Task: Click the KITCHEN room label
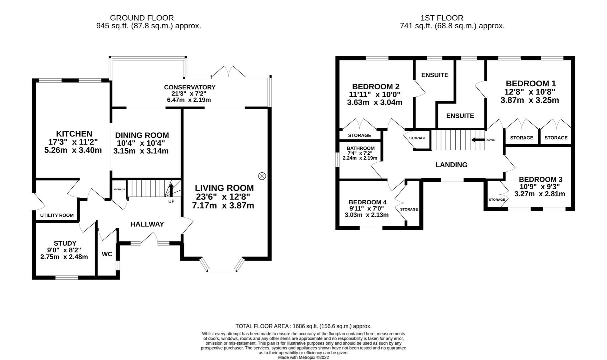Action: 74,134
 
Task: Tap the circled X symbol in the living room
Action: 262,176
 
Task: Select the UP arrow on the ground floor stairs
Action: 171,191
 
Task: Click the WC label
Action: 107,254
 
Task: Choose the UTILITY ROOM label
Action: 57,215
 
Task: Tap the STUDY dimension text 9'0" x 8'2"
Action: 64,250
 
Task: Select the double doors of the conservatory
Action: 228,71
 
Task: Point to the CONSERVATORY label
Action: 190,87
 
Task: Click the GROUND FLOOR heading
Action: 142,18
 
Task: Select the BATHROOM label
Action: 360,148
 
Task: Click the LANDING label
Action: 451,165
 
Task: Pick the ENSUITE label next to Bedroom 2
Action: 435,75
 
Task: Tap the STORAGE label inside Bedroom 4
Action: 409,209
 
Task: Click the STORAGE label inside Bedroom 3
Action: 497,200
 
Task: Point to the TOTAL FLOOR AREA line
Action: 303,326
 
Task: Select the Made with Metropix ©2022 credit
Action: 303,357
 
